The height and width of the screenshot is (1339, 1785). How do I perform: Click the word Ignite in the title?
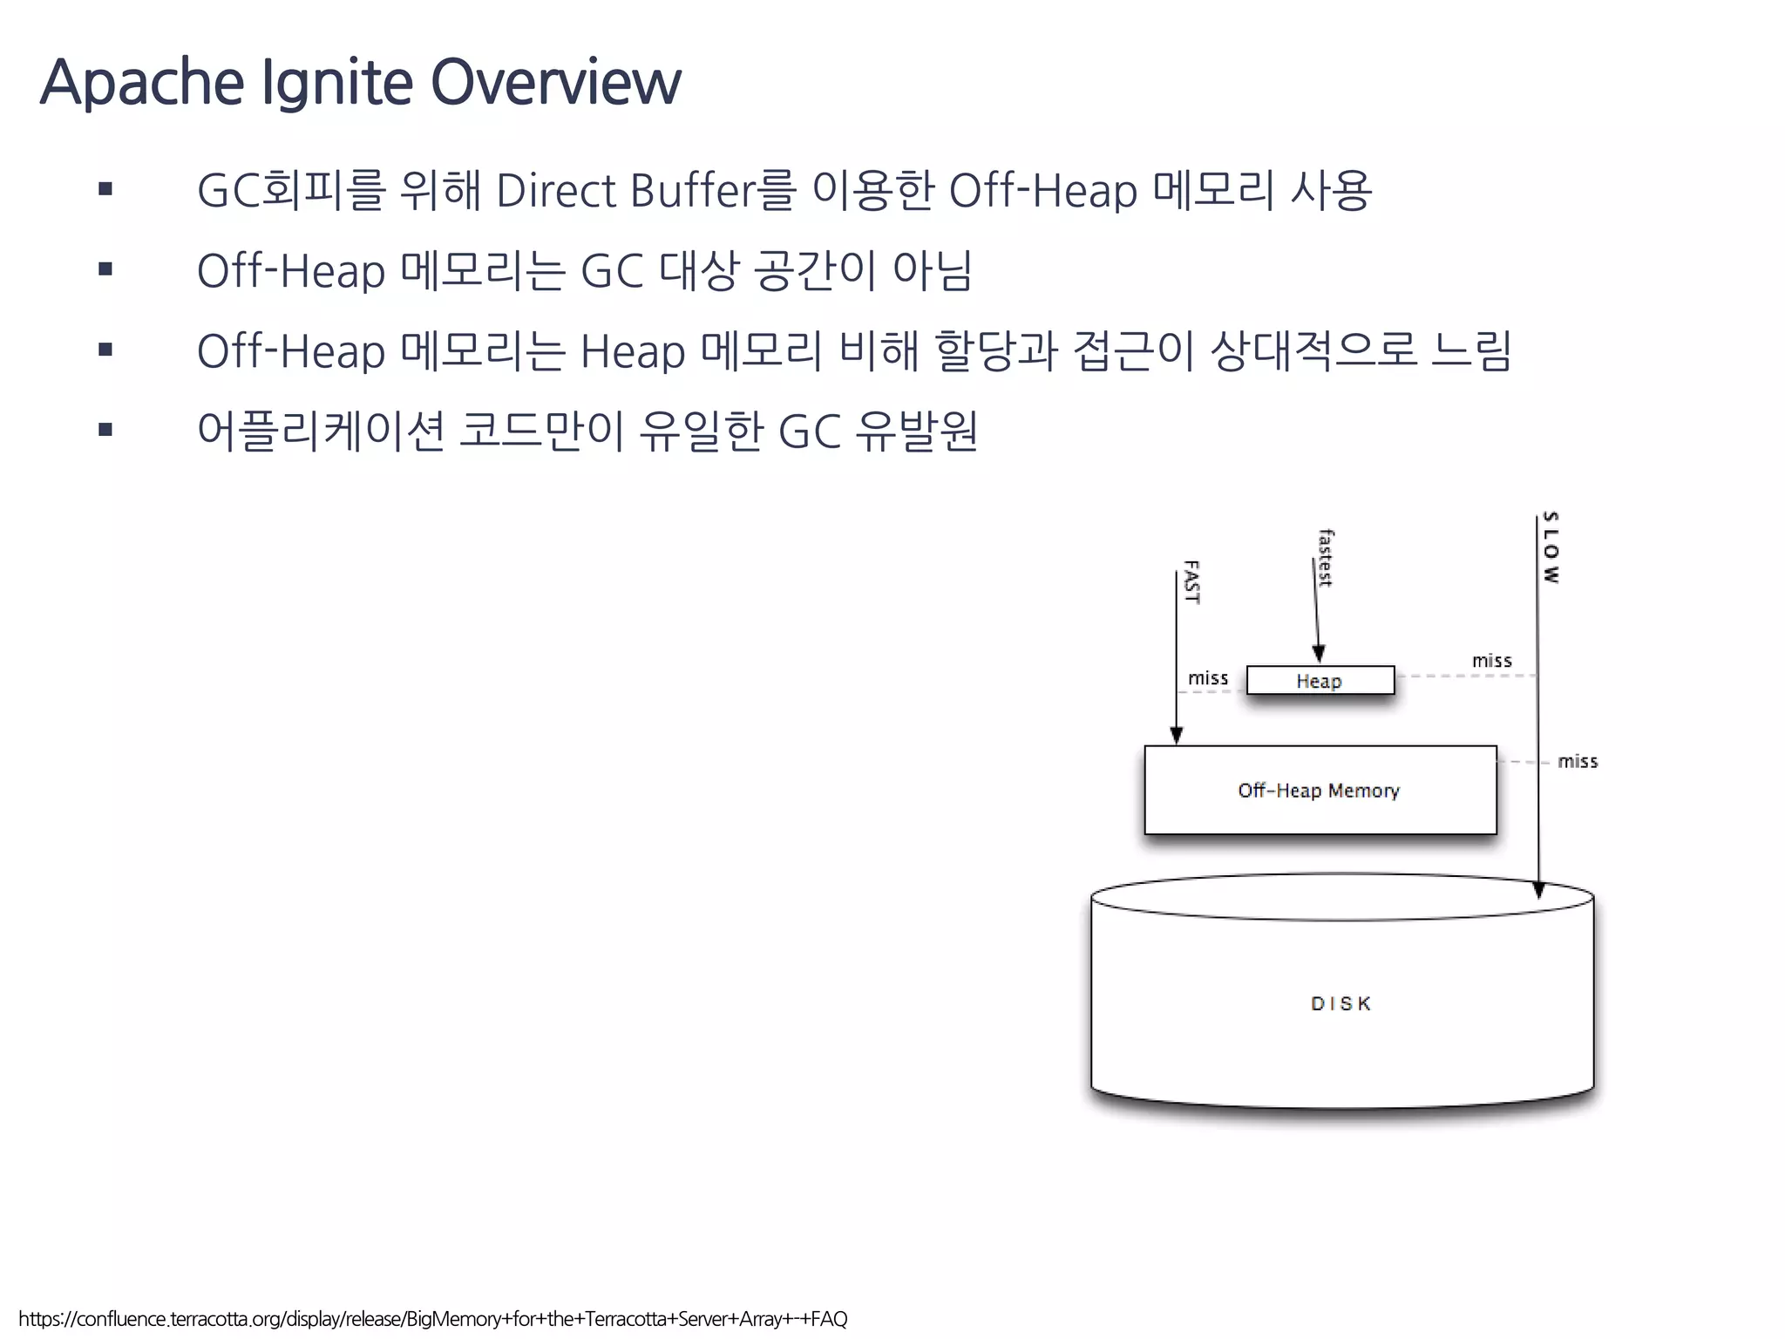coord(336,83)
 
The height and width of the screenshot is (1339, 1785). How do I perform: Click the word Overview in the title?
coord(555,83)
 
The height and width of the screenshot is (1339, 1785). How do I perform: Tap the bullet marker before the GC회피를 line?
coord(105,189)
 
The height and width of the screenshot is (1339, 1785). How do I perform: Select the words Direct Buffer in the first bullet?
coord(626,190)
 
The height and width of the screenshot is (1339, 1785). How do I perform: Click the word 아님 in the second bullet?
coord(932,270)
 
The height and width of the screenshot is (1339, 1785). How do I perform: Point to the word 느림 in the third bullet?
coord(1471,350)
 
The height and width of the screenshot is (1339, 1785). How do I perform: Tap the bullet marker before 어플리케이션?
coord(105,429)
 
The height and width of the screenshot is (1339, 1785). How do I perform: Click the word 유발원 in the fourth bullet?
coord(916,431)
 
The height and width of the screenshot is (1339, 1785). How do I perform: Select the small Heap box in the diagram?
coord(1320,680)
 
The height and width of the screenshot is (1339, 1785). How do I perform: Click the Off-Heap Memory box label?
coord(1318,790)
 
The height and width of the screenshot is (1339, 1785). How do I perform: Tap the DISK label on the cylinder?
coord(1340,1003)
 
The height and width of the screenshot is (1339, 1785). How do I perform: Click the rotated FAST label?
coord(1191,582)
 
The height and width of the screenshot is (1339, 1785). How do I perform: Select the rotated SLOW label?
coord(1551,547)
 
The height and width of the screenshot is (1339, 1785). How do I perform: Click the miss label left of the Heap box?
coord(1207,678)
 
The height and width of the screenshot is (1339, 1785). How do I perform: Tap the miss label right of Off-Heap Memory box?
coord(1578,761)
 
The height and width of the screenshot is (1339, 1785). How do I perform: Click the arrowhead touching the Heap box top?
coord(1319,654)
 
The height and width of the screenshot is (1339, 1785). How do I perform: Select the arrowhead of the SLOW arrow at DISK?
coord(1538,889)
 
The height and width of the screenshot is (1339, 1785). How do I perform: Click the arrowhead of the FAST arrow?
coord(1176,734)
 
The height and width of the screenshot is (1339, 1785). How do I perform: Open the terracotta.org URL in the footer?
coord(433,1319)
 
